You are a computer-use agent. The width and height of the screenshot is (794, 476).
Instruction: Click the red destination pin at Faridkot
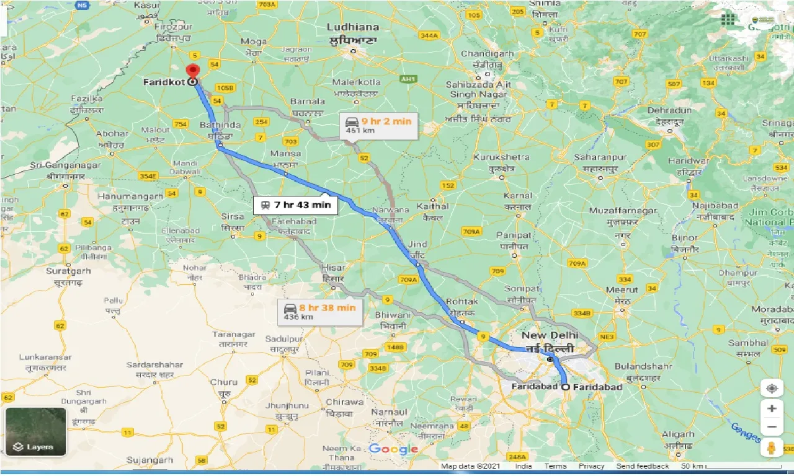coord(193,71)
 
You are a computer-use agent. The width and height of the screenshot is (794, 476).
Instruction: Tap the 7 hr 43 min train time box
coord(295,205)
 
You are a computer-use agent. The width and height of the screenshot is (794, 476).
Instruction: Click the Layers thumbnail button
coord(35,431)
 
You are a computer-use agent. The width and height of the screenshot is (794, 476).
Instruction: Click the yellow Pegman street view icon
coord(772,447)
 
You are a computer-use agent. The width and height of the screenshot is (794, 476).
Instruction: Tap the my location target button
coord(772,389)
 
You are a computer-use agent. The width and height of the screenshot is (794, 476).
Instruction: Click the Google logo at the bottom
coord(393,449)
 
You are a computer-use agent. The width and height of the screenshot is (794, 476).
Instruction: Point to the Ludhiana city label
coord(353,27)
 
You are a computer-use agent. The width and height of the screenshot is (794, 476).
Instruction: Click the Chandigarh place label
coord(487,54)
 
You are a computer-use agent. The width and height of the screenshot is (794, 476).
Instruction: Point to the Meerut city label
coord(622,289)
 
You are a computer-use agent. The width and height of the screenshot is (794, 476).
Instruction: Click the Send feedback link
coord(643,466)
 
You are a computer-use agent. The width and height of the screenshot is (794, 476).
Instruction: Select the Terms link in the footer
coord(555,466)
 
